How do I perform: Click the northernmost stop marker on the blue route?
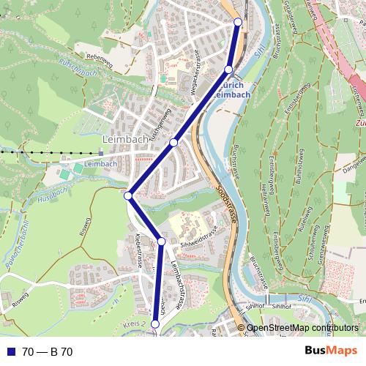[238, 22]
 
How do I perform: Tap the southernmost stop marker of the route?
[154, 324]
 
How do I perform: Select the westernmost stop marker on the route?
[127, 195]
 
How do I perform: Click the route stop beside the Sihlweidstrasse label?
[162, 241]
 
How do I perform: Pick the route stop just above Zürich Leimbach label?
[228, 70]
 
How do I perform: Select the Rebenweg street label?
[102, 56]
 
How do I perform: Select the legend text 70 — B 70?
[47, 352]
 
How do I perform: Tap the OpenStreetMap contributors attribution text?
[302, 328]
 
